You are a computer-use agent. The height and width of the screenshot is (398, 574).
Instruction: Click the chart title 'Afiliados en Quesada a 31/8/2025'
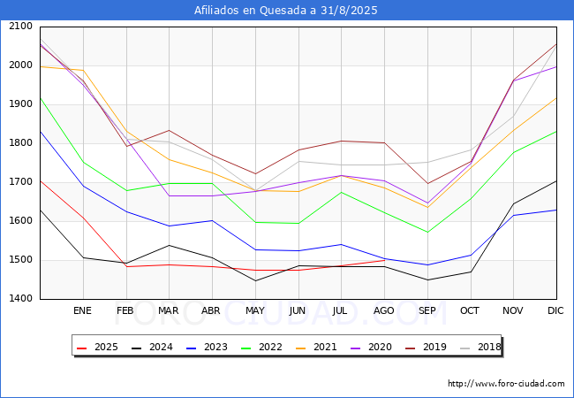[x=287, y=11]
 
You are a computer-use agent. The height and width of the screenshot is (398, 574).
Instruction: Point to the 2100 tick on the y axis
[x=19, y=27]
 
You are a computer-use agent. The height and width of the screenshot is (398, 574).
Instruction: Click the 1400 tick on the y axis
[x=19, y=299]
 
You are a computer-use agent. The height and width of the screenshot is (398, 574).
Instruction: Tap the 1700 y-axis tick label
[x=19, y=182]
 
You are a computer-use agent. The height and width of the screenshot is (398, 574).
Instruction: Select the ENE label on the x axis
[x=83, y=311]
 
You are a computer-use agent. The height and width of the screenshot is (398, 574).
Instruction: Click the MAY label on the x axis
[x=254, y=311]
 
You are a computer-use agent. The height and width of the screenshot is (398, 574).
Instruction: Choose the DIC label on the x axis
[x=555, y=311]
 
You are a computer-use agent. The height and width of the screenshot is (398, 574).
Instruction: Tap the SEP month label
[x=427, y=311]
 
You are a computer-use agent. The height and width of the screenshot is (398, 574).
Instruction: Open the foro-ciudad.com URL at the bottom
[x=506, y=384]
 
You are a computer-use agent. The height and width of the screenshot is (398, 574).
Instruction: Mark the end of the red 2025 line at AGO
[x=384, y=260]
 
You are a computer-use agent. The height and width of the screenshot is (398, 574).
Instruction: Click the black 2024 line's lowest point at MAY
[x=254, y=281]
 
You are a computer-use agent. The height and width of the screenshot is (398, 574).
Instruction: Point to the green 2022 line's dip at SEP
[x=427, y=233]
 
